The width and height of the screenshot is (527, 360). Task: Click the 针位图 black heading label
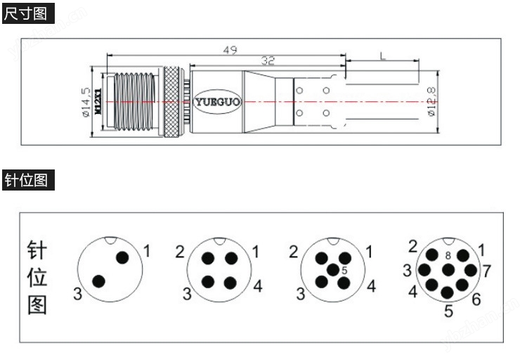pos(28,181)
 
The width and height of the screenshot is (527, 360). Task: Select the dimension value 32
pos(267,60)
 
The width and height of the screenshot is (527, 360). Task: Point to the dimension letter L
pos(382,56)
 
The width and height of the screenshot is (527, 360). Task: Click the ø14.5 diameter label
pos(86,103)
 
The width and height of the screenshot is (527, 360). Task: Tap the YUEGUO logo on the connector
pos(217,102)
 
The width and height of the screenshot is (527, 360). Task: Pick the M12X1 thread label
pos(98,102)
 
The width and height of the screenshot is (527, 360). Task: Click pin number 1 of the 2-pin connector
pos(147,250)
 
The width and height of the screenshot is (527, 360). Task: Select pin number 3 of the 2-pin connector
pos(77,294)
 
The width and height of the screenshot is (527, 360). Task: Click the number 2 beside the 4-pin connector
pos(180,252)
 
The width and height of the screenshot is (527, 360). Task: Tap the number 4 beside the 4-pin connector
pos(258,286)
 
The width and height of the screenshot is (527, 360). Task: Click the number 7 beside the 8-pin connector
pos(486,270)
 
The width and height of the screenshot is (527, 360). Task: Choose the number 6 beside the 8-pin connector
pos(476,300)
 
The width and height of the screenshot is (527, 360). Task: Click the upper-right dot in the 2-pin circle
pos(122,257)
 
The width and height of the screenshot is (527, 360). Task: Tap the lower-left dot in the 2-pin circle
pos(98,281)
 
